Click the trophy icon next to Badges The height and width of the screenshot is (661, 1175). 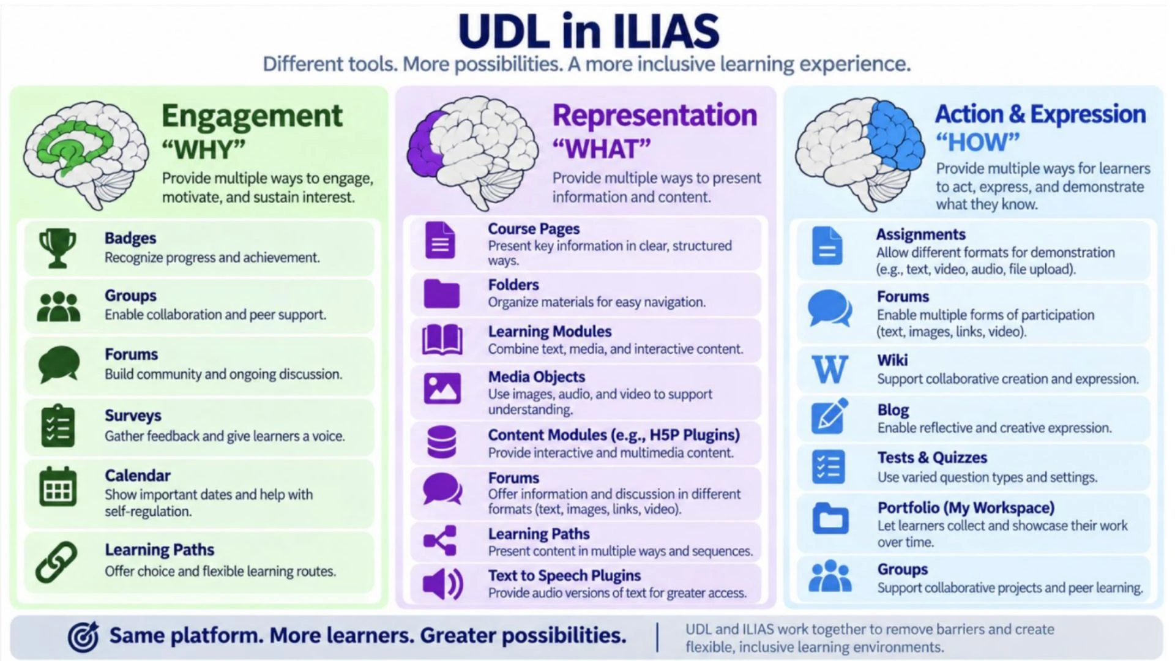58,248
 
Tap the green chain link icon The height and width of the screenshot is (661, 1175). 56,562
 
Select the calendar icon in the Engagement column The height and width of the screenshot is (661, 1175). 58,487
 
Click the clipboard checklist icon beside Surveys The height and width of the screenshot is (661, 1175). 58,425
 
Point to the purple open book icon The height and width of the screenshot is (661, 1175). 442,340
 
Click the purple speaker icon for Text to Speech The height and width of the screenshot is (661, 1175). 442,583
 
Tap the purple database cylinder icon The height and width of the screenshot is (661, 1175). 441,442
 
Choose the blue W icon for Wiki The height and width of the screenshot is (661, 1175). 830,369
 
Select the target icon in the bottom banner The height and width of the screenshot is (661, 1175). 83,637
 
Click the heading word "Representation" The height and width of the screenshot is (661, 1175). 655,115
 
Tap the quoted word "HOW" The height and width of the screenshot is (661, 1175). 978,143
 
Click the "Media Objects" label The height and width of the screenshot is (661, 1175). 536,376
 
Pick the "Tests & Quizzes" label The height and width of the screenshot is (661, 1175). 932,458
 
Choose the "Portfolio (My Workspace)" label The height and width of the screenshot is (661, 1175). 966,508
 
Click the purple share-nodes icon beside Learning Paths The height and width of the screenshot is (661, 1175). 440,540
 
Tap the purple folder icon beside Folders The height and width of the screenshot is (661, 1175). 441,293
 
